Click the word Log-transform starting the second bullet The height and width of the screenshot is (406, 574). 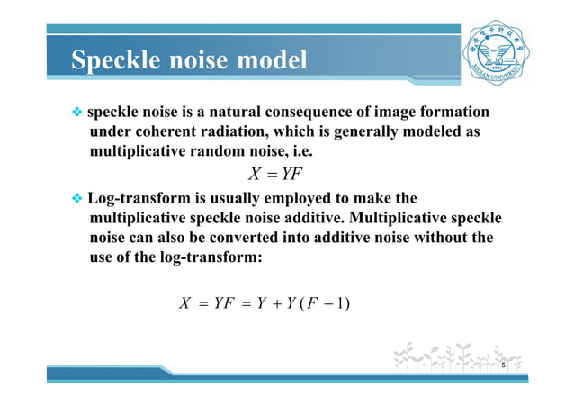coord(137,197)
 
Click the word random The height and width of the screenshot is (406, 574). coord(210,151)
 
